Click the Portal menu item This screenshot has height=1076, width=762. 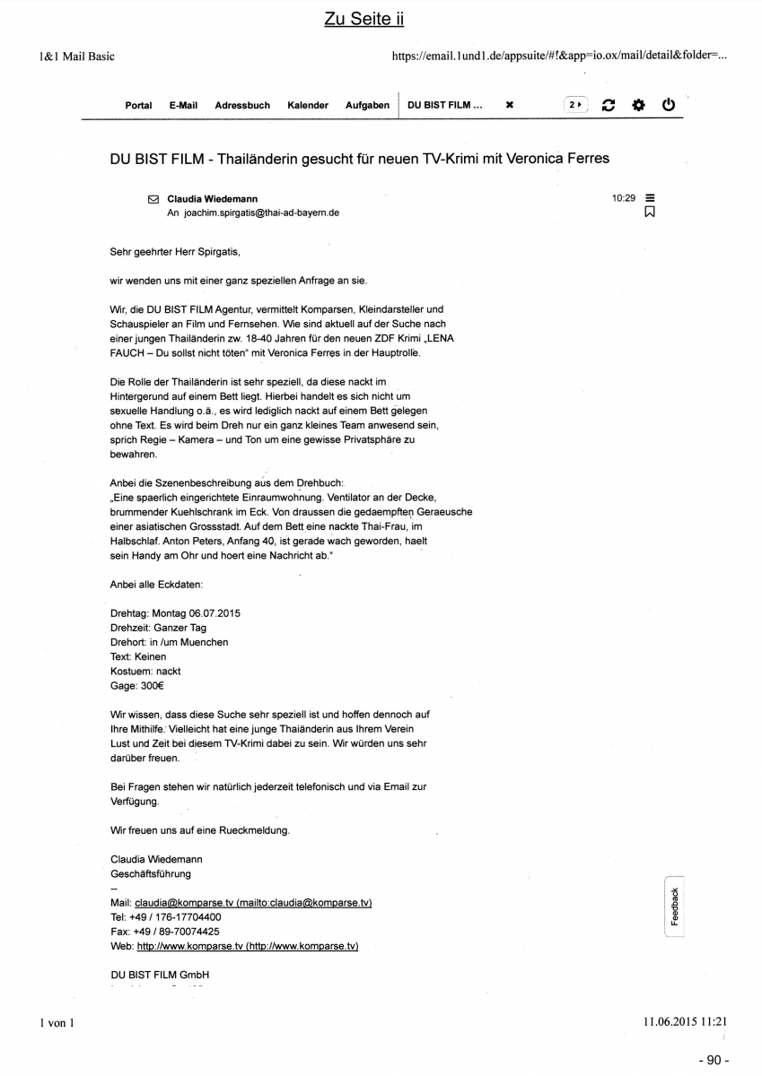[138, 105]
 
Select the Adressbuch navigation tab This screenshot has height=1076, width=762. [242, 105]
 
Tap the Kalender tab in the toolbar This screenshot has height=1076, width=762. [308, 105]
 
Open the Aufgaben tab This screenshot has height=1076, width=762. [367, 105]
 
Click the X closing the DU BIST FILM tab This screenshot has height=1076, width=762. [510, 105]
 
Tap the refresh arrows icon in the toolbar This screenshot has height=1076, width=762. [609, 105]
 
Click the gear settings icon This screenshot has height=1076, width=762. [638, 105]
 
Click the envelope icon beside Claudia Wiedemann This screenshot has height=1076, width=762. [153, 199]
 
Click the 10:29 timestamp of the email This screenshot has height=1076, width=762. [624, 198]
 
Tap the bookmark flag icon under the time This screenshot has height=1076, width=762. [650, 213]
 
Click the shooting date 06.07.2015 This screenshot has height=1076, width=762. [215, 613]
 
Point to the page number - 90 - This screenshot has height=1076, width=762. [713, 1060]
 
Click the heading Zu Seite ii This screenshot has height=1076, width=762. [364, 20]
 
